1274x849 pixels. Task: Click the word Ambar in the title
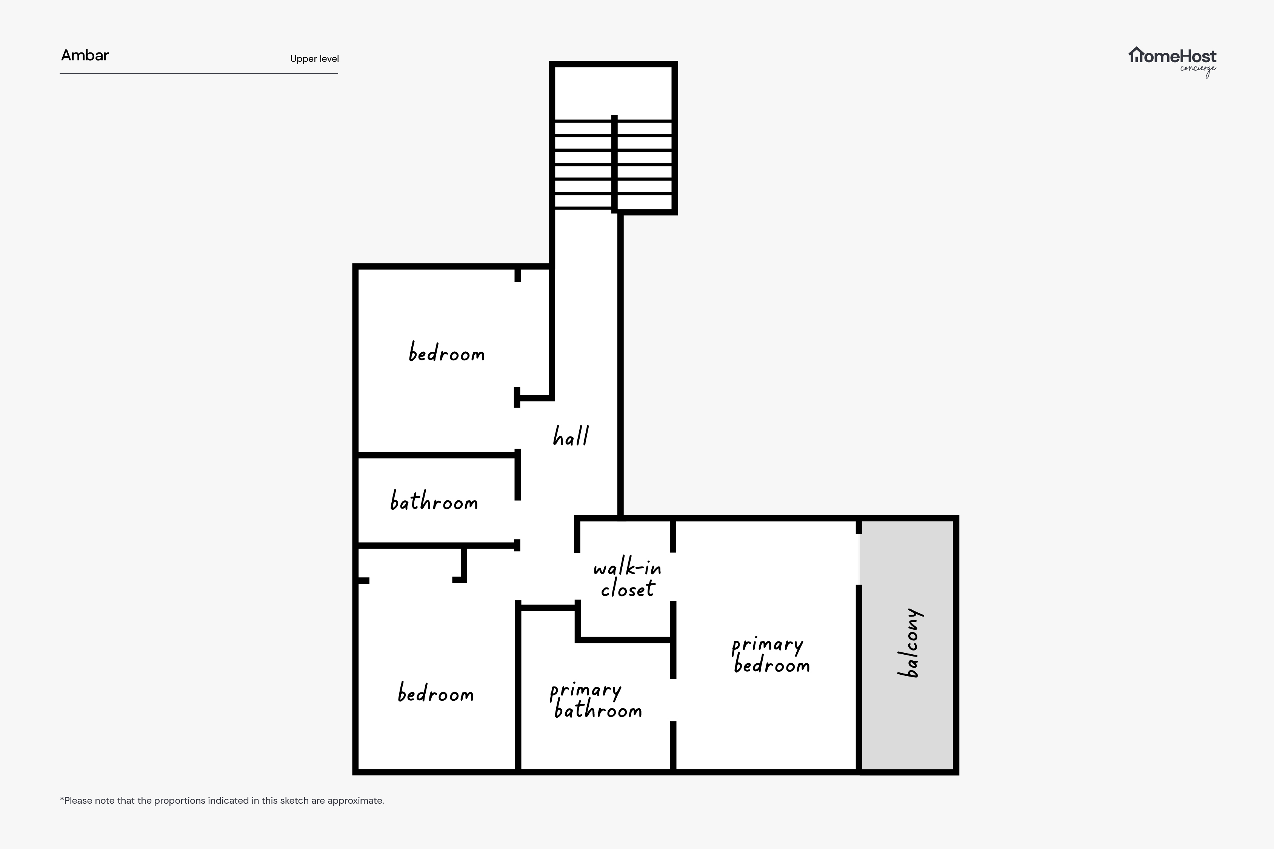[x=85, y=55]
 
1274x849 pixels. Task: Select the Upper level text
[x=315, y=59]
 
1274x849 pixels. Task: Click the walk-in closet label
[x=628, y=579]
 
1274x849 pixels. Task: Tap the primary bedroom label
[x=771, y=655]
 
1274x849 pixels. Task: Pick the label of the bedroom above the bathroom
[x=447, y=352]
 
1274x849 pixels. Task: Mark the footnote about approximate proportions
[x=222, y=800]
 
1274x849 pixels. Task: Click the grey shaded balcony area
[x=908, y=644]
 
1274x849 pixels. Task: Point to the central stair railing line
[x=614, y=163]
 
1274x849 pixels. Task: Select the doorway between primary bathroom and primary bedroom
[x=673, y=700]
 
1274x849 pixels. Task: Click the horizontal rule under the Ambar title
[x=199, y=73]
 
